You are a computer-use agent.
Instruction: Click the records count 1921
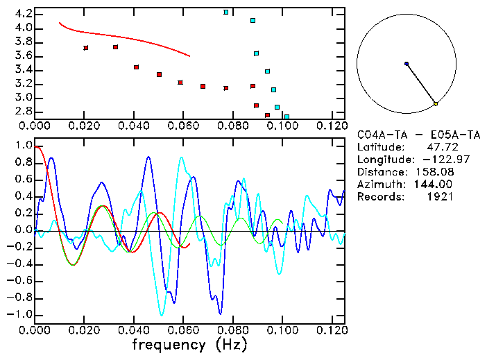[x=439, y=197]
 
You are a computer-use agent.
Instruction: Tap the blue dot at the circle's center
[x=407, y=64]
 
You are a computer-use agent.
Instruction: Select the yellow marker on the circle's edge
[x=436, y=104]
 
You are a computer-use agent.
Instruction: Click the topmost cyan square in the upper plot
[x=226, y=12]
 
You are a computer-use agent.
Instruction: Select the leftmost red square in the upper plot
[x=85, y=48]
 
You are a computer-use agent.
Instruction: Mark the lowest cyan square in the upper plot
[x=287, y=117]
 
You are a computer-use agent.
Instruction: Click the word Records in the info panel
[x=379, y=197]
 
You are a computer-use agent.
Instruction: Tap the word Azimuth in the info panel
[x=379, y=185]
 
